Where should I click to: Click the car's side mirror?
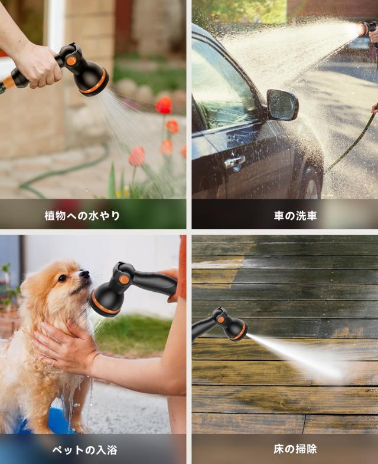click(282, 105)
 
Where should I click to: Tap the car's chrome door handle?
click(234, 162)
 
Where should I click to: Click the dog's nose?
click(84, 274)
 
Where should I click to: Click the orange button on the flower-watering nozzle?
click(71, 61)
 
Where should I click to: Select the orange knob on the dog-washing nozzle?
click(124, 279)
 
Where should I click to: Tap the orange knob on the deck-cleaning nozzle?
click(220, 320)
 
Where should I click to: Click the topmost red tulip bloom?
click(164, 105)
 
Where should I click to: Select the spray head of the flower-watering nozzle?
click(93, 80)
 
